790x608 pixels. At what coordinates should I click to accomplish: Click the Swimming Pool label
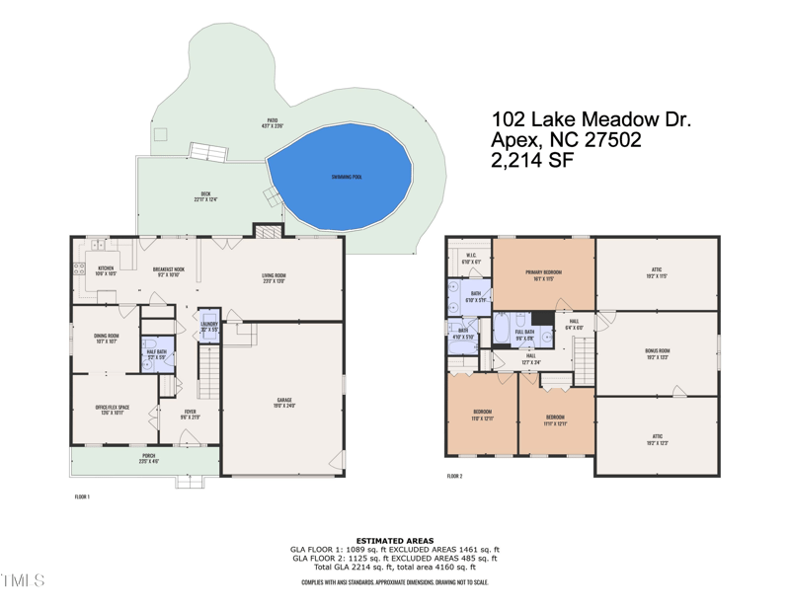(346, 177)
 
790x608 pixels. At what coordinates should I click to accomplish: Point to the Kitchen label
(106, 269)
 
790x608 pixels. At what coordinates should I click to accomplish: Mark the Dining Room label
(106, 338)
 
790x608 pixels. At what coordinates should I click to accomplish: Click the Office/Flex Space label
(110, 412)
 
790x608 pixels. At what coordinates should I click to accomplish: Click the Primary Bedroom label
(544, 271)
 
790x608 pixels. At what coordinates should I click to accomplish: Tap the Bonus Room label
(657, 351)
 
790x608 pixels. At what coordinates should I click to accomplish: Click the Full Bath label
(523, 334)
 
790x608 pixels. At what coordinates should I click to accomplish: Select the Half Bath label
(155, 352)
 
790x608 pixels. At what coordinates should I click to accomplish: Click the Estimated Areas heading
(394, 540)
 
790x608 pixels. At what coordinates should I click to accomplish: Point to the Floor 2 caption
(454, 476)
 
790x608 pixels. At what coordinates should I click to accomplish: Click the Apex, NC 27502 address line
(566, 141)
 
